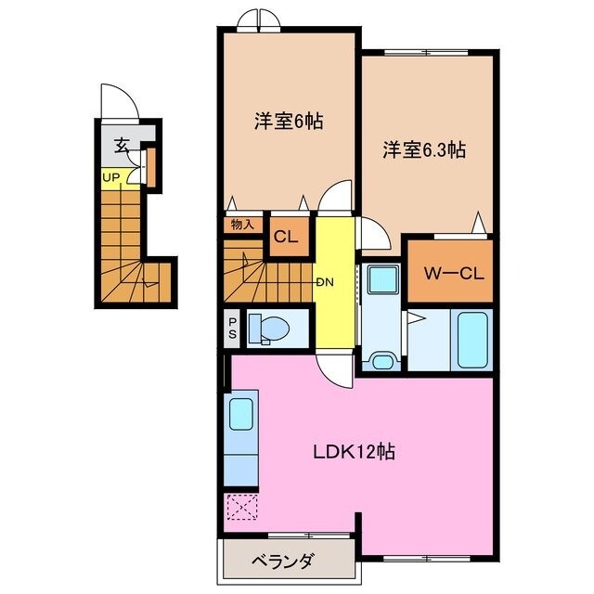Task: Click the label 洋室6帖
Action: pos(288,123)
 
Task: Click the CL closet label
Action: pos(285,237)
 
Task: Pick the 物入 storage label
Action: pos(242,224)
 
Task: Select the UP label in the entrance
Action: pos(111,177)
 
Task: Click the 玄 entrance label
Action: pos(122,146)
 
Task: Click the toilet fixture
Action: pos(270,329)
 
